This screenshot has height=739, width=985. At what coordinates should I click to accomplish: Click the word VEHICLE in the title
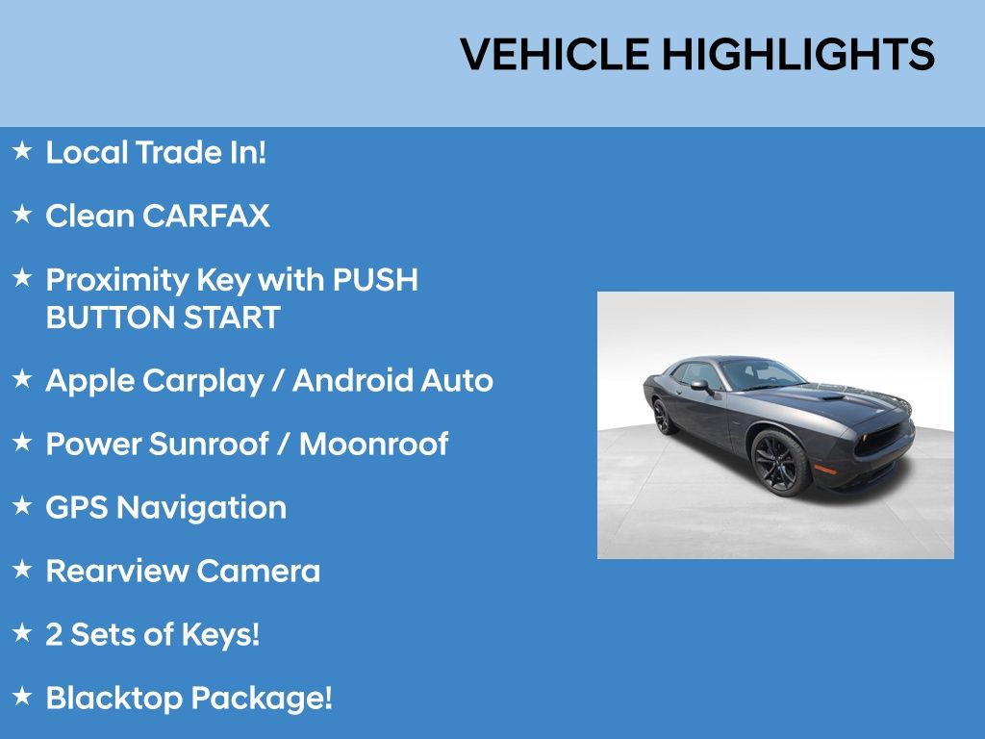[x=555, y=54]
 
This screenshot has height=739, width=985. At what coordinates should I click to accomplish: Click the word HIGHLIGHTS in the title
[x=798, y=54]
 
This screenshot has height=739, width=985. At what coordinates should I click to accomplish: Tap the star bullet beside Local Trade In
[x=22, y=151]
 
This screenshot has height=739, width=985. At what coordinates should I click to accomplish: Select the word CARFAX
[x=206, y=217]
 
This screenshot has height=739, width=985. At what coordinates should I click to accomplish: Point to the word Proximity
[x=117, y=281]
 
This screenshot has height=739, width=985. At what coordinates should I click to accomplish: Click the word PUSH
[x=375, y=280]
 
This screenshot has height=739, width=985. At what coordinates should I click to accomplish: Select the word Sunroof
[x=209, y=445]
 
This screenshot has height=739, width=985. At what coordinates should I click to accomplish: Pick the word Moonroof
[x=374, y=445]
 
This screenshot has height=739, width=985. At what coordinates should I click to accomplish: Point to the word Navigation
[x=202, y=509]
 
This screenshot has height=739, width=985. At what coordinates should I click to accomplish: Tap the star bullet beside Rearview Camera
[x=22, y=570]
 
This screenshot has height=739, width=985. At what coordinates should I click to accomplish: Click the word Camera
[x=258, y=572]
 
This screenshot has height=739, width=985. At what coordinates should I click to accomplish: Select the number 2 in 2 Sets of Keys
[x=54, y=635]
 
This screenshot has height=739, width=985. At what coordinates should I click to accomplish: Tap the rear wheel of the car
[x=663, y=416]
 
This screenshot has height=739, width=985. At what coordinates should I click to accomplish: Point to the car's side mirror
[x=701, y=386]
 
